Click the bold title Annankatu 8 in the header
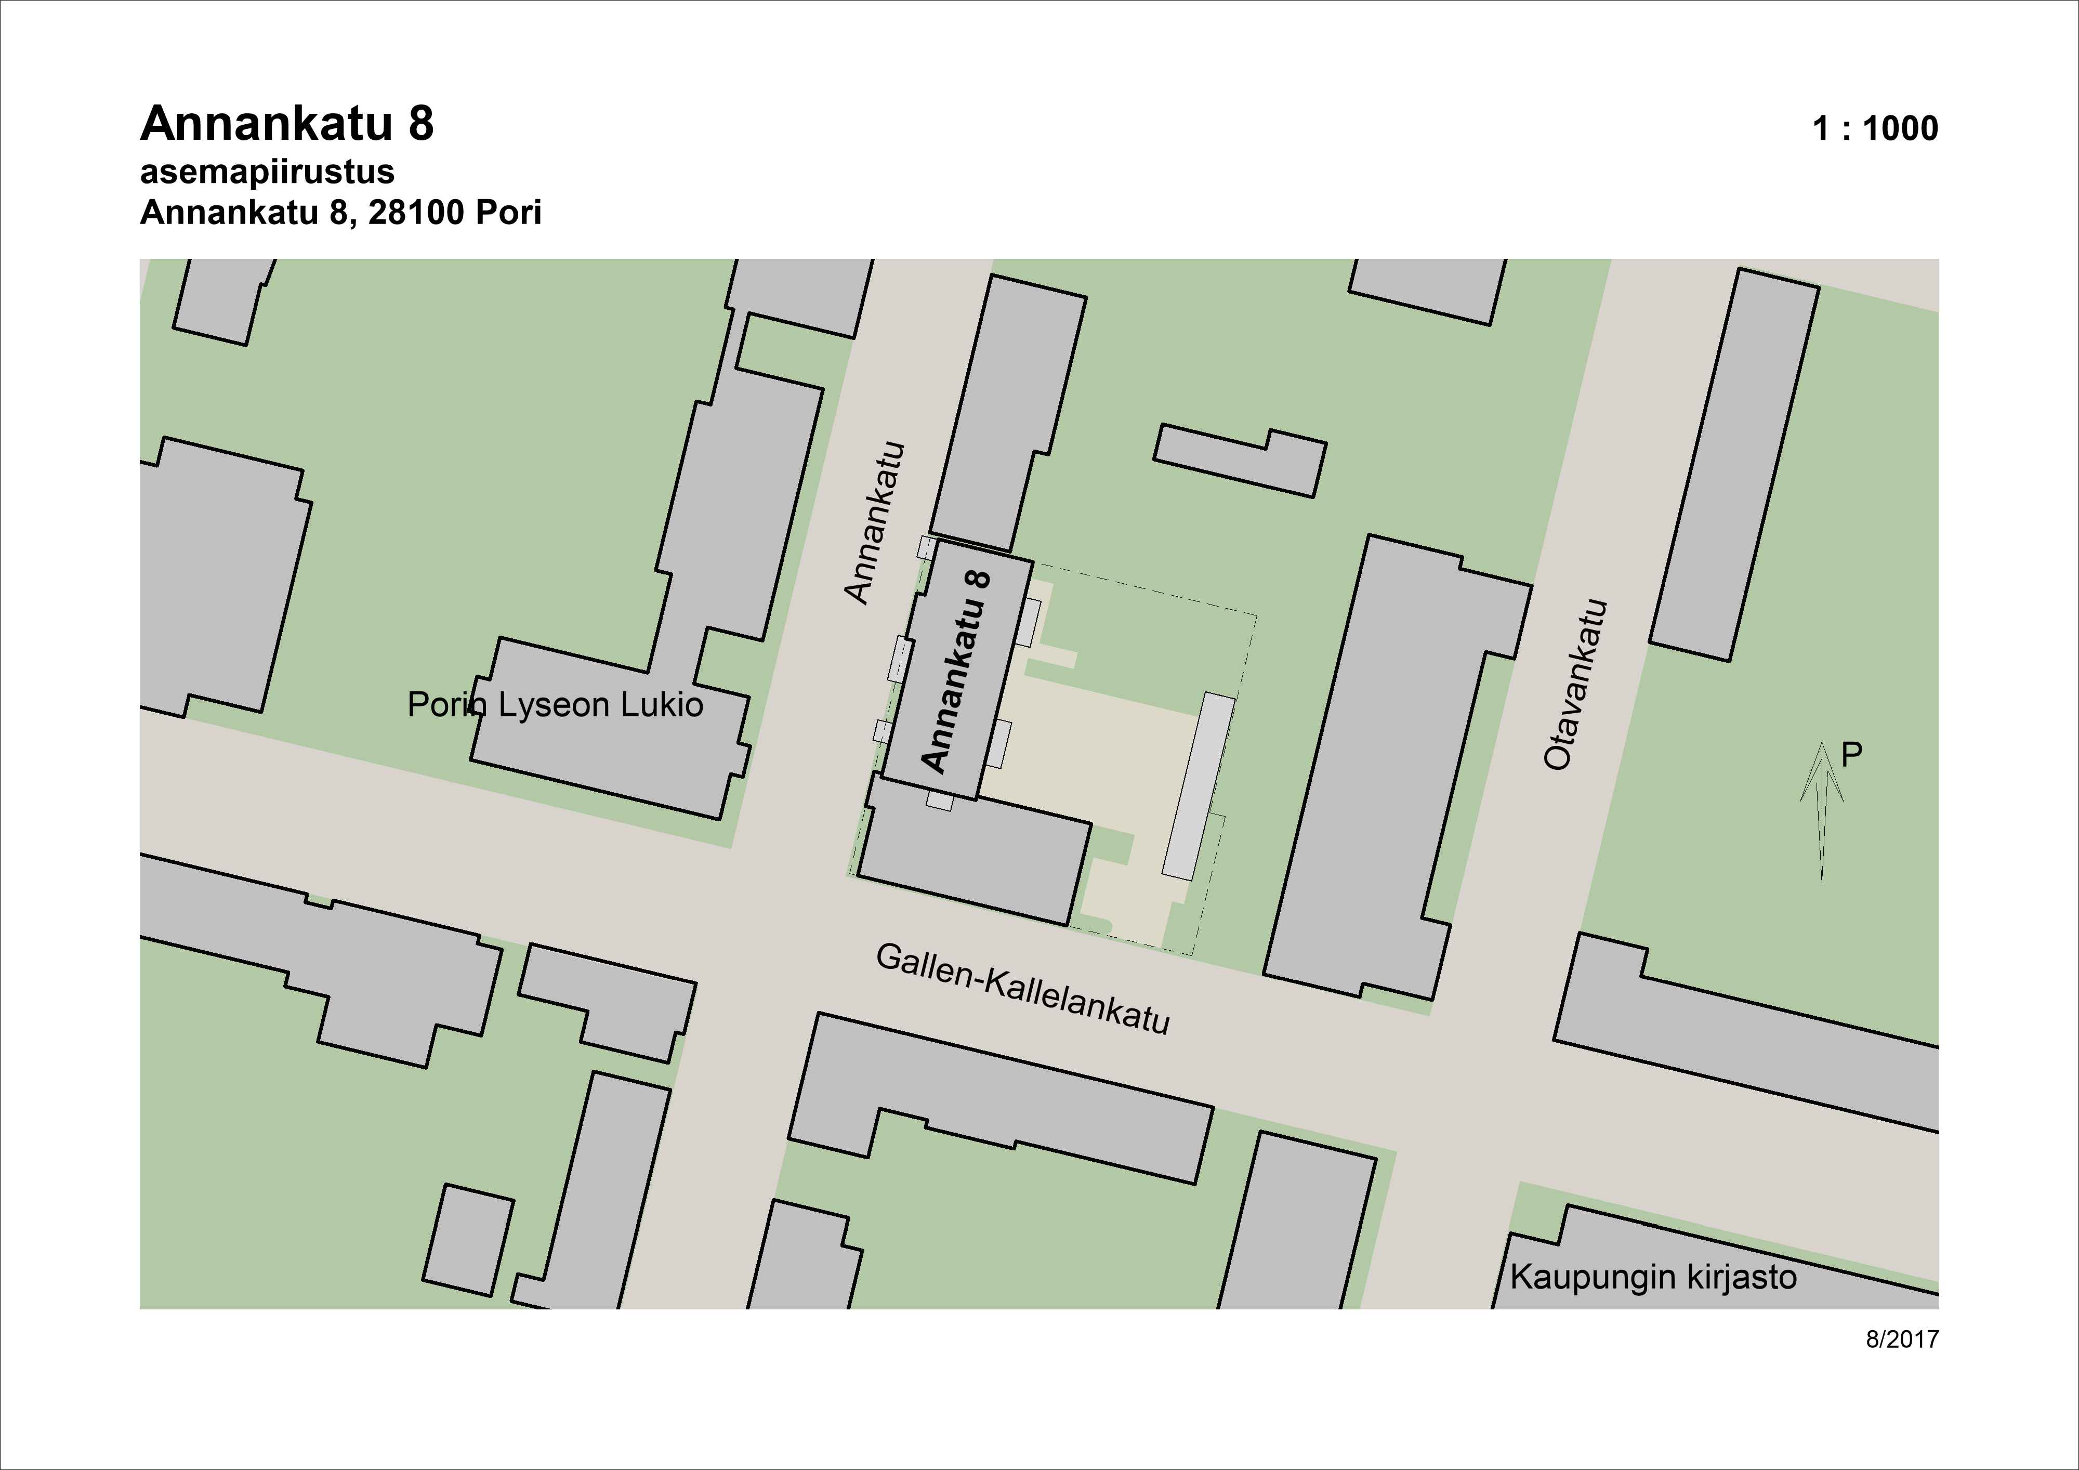coord(287,124)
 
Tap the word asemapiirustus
coord(267,172)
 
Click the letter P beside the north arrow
coord(1852,755)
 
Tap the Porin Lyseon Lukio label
coord(555,705)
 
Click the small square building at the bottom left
coord(468,1239)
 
